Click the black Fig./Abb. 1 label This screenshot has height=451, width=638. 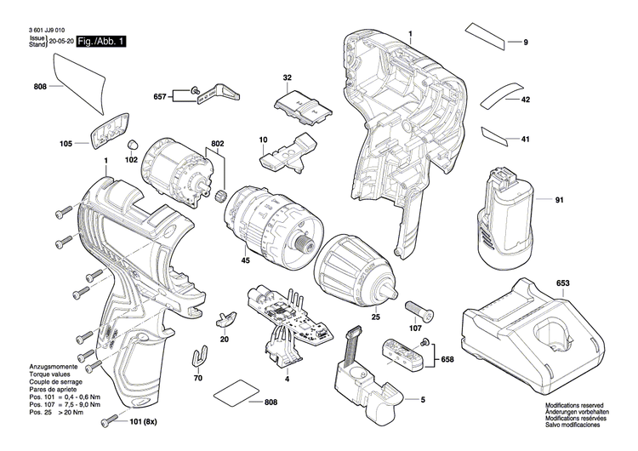pyautogui.click(x=101, y=41)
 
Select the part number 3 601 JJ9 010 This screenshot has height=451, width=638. pyautogui.click(x=46, y=28)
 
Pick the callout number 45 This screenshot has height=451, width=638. pyautogui.click(x=246, y=260)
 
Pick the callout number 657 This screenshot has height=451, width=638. pyautogui.click(x=161, y=97)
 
